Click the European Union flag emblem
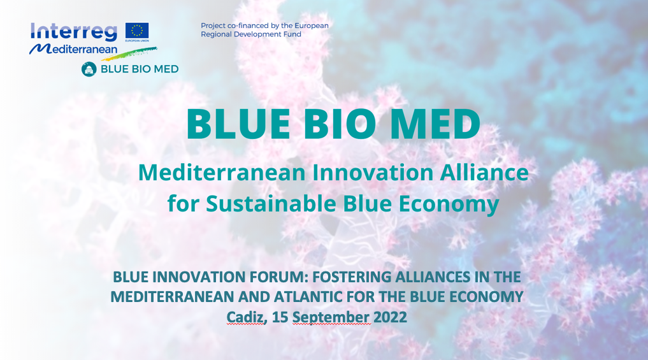137,31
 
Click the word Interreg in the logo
74,32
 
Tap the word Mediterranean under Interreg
73,49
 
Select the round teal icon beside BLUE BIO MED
89,69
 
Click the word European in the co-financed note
312,25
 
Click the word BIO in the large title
340,124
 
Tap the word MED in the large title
435,124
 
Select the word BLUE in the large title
238,124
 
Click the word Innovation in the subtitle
373,172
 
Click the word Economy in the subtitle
449,205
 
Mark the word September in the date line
331,317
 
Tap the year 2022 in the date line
390,317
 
